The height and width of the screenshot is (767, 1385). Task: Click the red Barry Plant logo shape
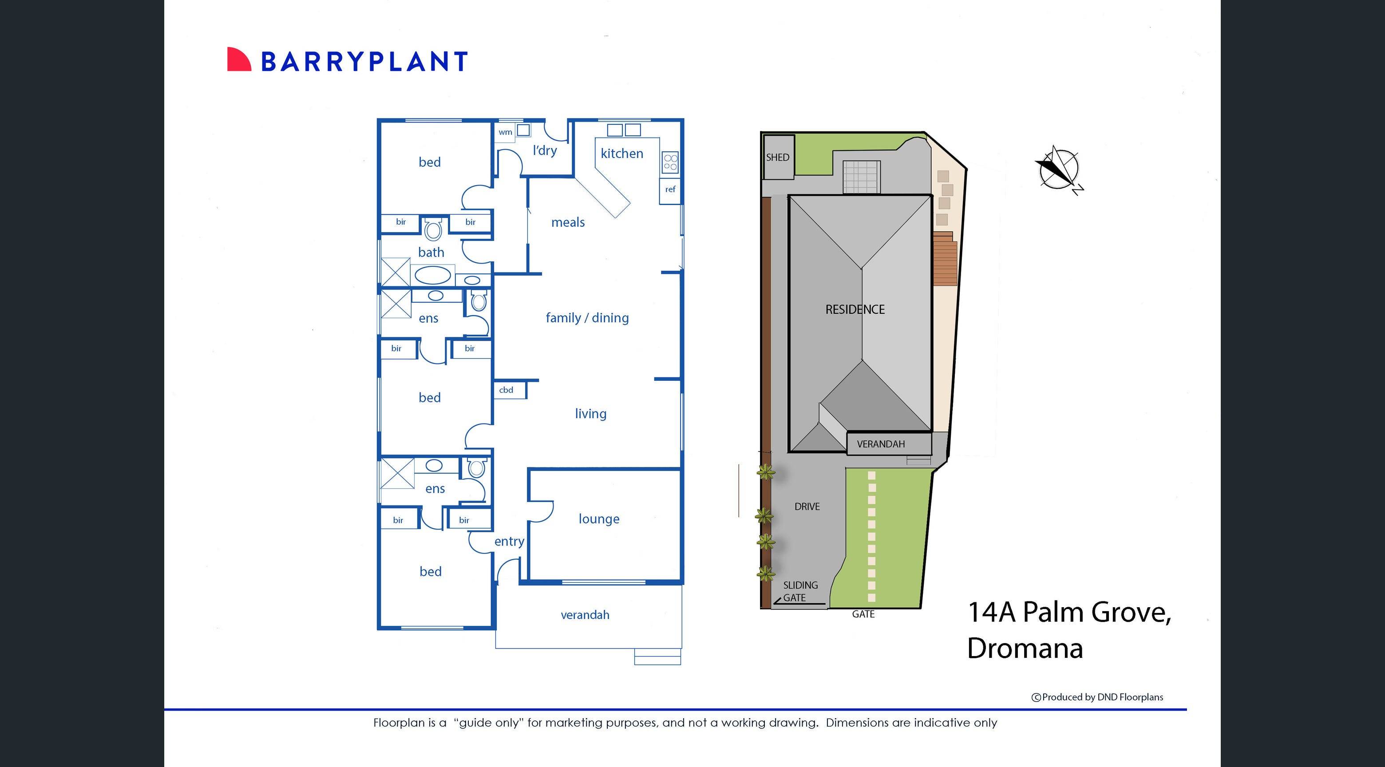pyautogui.click(x=238, y=59)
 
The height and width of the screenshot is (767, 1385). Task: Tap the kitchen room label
pyautogui.click(x=621, y=154)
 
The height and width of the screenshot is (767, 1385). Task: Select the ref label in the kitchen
pyautogui.click(x=670, y=189)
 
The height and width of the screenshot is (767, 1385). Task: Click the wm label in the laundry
pyautogui.click(x=505, y=132)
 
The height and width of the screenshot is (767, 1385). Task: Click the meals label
pyautogui.click(x=568, y=222)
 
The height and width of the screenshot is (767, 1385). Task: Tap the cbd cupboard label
pyautogui.click(x=506, y=390)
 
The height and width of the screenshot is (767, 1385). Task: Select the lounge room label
pyautogui.click(x=598, y=519)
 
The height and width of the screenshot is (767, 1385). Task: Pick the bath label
pyautogui.click(x=431, y=253)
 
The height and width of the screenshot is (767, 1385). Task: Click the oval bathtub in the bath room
pyautogui.click(x=433, y=276)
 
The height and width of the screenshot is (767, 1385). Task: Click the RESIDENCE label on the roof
pyautogui.click(x=855, y=309)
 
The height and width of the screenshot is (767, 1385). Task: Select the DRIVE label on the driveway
pyautogui.click(x=807, y=507)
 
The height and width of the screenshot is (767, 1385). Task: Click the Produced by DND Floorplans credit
pyautogui.click(x=1097, y=697)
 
